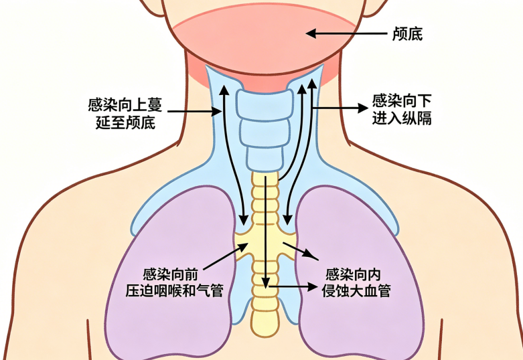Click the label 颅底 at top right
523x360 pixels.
pos(407,34)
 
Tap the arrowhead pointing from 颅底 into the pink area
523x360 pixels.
pos(311,33)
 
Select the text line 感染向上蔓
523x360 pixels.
pos(125,104)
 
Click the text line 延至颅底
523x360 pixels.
pos(125,122)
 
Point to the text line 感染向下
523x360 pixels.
pos(402,100)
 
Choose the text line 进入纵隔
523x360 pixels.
pos(402,118)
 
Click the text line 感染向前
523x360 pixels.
pos(170,274)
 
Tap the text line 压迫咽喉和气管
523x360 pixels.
pos(174,290)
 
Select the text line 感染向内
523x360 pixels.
pos(353,274)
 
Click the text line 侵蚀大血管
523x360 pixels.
pos(356,290)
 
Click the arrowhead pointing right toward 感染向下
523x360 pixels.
pos(362,108)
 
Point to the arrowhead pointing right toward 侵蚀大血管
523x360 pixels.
pos(312,286)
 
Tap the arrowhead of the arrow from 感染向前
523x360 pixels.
pos(243,247)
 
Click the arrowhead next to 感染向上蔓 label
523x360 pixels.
pos(218,111)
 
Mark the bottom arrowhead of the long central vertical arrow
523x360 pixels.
pos(265,283)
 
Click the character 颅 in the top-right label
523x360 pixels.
pos(400,34)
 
